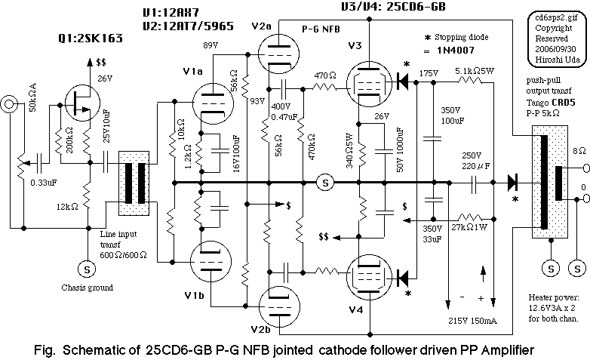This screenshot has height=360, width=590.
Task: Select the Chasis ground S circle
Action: (85, 266)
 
